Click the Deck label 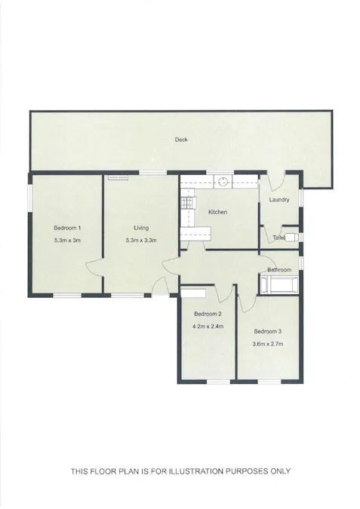(x=180, y=140)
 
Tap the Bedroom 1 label (x=67, y=228)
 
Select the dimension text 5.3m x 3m (x=67, y=241)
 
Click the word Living (x=141, y=228)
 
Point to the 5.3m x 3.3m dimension (x=141, y=241)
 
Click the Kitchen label (x=218, y=212)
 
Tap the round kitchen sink (x=223, y=181)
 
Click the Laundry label (x=279, y=200)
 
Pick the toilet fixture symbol (x=293, y=236)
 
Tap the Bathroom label (x=278, y=269)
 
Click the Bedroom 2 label (x=207, y=314)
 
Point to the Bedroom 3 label (x=267, y=331)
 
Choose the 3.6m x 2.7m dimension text (x=267, y=344)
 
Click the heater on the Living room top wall (x=117, y=177)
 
